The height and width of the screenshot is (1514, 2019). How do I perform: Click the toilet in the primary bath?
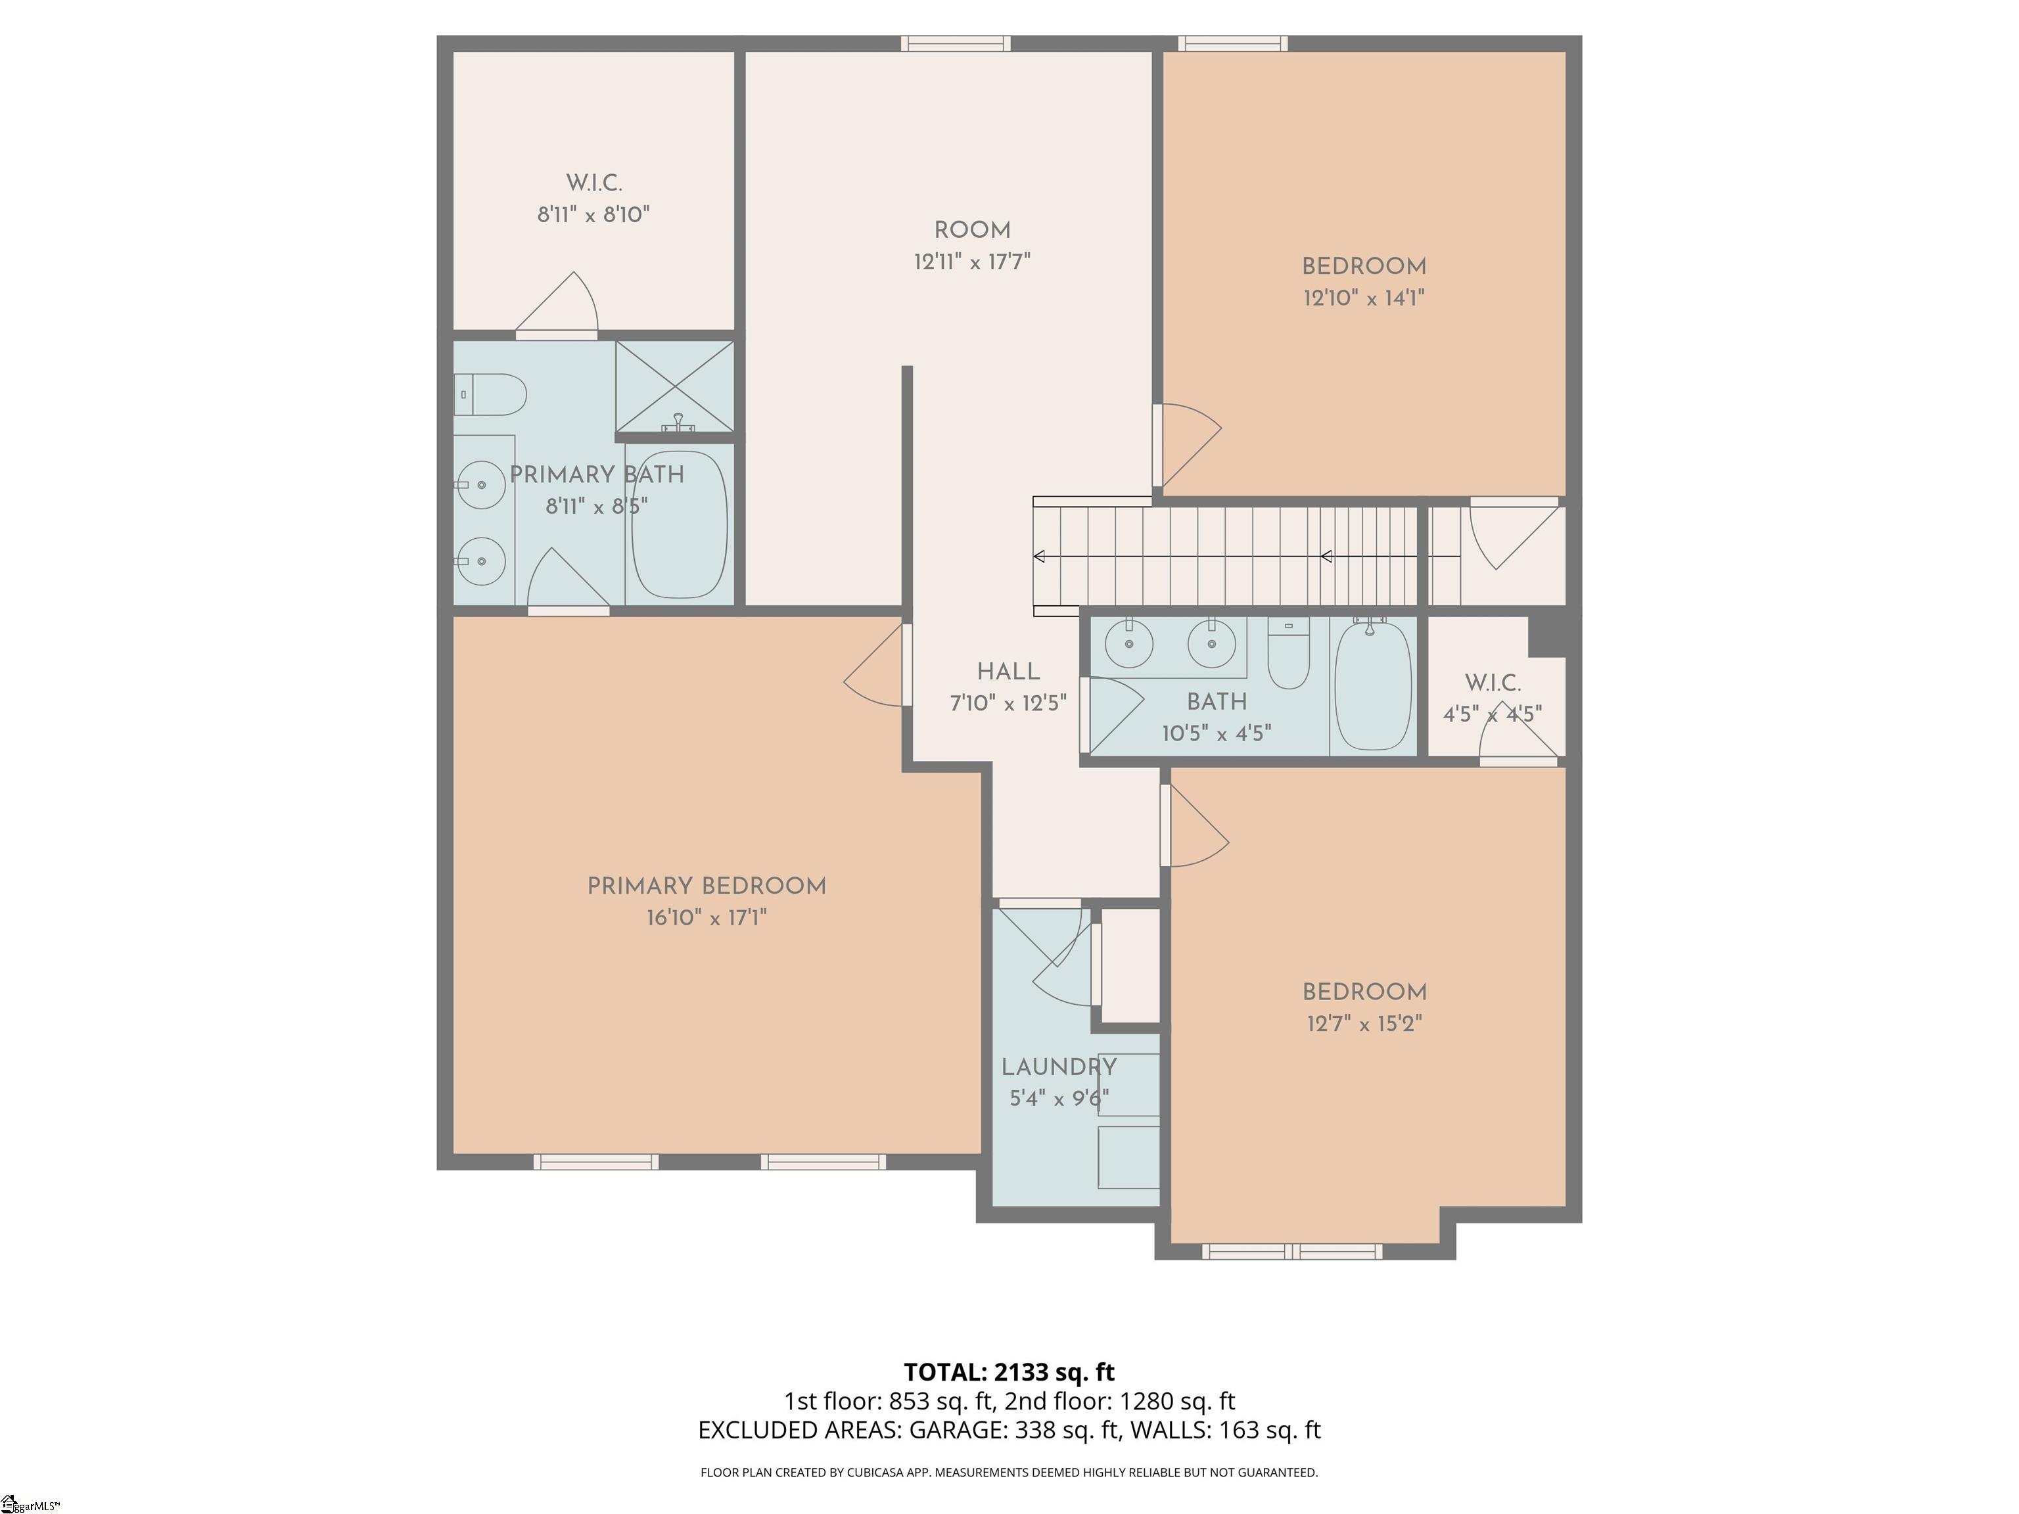[x=490, y=394]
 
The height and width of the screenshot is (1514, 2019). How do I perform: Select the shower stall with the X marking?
[x=674, y=386]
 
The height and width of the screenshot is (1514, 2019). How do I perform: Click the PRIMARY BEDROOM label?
[x=707, y=886]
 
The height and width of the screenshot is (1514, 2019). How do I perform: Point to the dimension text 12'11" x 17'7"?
[x=972, y=262]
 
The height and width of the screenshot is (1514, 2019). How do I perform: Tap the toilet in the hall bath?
[x=1289, y=653]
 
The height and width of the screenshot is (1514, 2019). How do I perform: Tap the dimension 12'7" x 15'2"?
[x=1364, y=1024]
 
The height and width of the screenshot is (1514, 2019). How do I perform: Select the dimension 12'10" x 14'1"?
[x=1364, y=298]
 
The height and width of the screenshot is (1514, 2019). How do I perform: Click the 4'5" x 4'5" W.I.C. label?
[x=1493, y=683]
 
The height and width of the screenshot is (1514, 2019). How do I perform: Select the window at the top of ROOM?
[x=956, y=43]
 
